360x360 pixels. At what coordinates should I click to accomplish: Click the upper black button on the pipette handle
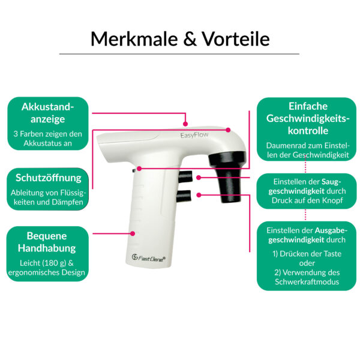tap(185, 177)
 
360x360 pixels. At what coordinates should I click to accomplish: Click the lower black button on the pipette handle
tap(185, 195)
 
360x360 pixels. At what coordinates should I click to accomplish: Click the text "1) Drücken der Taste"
tap(307, 254)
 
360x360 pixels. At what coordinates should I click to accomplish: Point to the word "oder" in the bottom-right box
tap(307, 263)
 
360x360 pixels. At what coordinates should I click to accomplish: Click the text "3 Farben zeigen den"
tap(47, 134)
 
